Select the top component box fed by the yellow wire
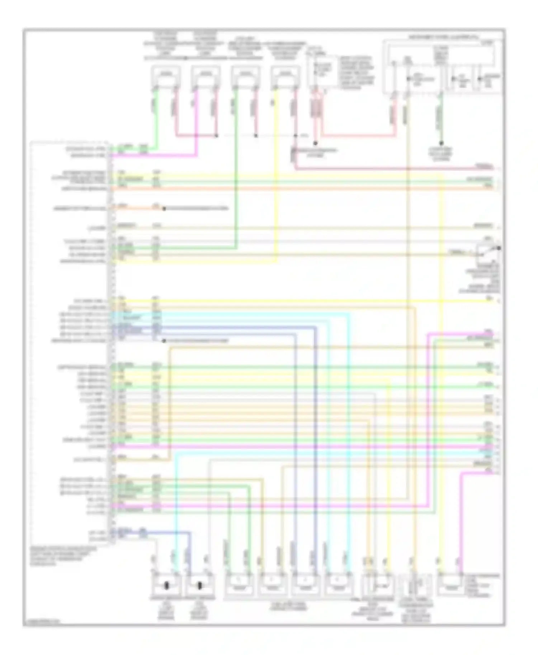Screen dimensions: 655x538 [285, 76]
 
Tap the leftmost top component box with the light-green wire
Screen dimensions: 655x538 [165, 76]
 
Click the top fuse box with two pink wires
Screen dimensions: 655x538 [317, 72]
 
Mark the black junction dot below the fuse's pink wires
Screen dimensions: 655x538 [316, 143]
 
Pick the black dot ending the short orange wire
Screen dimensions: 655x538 [164, 209]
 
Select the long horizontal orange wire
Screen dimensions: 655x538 [301, 188]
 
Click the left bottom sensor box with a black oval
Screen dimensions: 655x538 [166, 586]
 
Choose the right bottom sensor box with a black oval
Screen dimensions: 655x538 [199, 586]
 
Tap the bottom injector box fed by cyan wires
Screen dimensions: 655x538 [338, 586]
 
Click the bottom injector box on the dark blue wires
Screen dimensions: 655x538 [305, 586]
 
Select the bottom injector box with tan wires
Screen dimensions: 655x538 [272, 586]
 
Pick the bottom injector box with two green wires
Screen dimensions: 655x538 [239, 586]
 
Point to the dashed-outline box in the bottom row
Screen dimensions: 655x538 [416, 586]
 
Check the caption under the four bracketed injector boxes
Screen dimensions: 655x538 [289, 606]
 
